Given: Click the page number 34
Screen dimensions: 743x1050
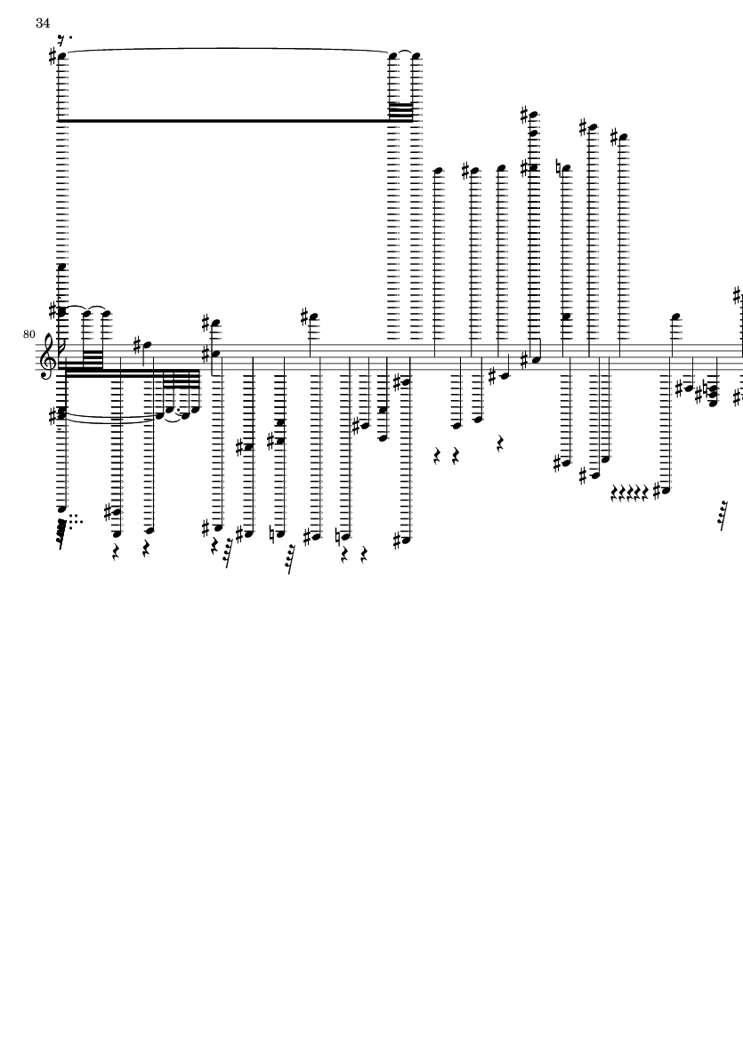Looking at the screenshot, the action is click(43, 23).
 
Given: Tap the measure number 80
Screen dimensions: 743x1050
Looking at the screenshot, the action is click(28, 333).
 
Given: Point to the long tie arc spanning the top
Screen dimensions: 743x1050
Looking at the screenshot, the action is click(228, 49).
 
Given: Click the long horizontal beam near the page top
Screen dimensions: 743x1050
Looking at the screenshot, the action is click(223, 121).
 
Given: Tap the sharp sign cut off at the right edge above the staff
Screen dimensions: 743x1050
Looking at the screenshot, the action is click(739, 294).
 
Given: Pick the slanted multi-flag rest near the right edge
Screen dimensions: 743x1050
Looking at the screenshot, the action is click(723, 515).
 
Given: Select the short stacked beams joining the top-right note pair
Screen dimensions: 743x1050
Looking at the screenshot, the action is click(401, 112).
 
